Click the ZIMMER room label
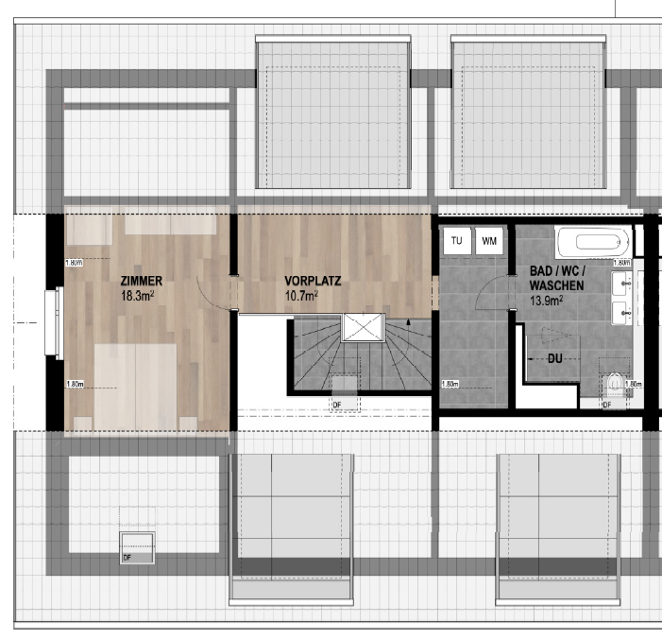[142, 281]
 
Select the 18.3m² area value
[137, 295]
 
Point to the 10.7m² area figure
[301, 295]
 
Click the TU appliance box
[456, 241]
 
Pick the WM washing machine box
[489, 241]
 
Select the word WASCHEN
[556, 285]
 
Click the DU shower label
[556, 358]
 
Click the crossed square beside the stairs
[362, 326]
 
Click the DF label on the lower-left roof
[127, 558]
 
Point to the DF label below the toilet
[607, 405]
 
